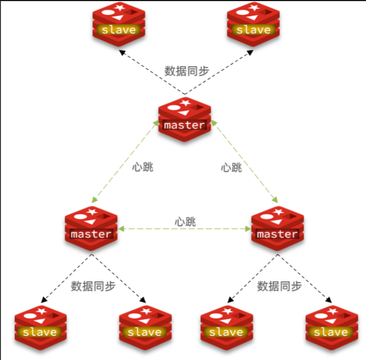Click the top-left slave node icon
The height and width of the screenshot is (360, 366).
pyautogui.click(x=117, y=25)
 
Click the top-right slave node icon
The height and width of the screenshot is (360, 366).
pyautogui.click(x=252, y=25)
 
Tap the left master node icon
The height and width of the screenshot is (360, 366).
pyautogui.click(x=91, y=229)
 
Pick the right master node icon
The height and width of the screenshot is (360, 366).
pyautogui.click(x=277, y=229)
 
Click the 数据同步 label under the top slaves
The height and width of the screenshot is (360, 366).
pyautogui.click(x=187, y=71)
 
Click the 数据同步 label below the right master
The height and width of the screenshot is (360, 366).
pyautogui.click(x=279, y=286)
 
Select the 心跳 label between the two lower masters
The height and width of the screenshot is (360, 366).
pyautogui.click(x=185, y=222)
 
